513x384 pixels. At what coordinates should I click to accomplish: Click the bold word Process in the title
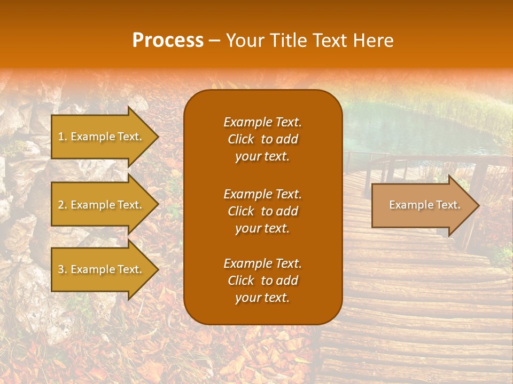[168, 41]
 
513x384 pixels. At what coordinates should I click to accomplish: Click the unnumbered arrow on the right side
[422, 205]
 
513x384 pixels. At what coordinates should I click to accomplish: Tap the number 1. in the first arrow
[62, 137]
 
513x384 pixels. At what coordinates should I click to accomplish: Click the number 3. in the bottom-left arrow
[62, 269]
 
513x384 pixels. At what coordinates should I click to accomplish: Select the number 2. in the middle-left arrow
[62, 205]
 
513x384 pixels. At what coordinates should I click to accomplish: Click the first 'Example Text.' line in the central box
[262, 122]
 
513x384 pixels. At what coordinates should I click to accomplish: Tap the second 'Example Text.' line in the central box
[262, 194]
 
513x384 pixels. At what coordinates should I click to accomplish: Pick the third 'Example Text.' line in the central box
[262, 263]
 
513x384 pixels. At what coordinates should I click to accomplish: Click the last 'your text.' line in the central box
[262, 298]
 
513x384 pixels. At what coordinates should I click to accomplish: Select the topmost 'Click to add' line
[262, 139]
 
